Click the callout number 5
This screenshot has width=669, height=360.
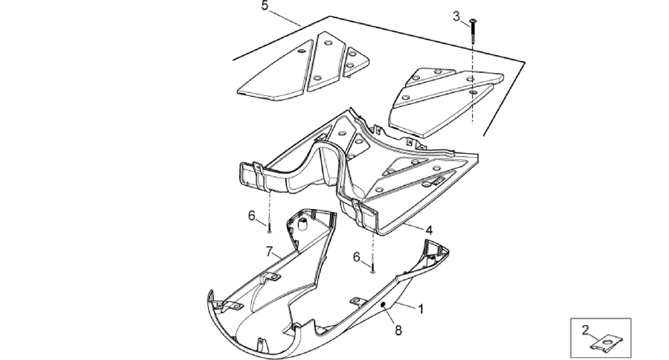tap(265, 7)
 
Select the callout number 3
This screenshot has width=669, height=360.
tap(456, 16)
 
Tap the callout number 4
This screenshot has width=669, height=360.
tap(429, 231)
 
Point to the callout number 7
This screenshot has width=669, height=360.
tap(269, 252)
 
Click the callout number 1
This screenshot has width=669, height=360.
tap(421, 309)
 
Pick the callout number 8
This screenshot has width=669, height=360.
tap(398, 330)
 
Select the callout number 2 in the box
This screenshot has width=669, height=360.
tap(586, 330)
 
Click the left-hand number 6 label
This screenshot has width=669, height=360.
tap(252, 216)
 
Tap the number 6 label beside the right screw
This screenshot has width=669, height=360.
tap(357, 257)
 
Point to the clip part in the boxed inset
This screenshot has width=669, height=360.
tap(607, 342)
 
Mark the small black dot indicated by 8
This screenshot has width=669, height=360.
tap(383, 304)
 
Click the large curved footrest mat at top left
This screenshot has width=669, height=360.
tap(277, 74)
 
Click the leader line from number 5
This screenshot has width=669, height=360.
tap(285, 18)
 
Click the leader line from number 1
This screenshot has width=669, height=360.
tap(405, 305)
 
